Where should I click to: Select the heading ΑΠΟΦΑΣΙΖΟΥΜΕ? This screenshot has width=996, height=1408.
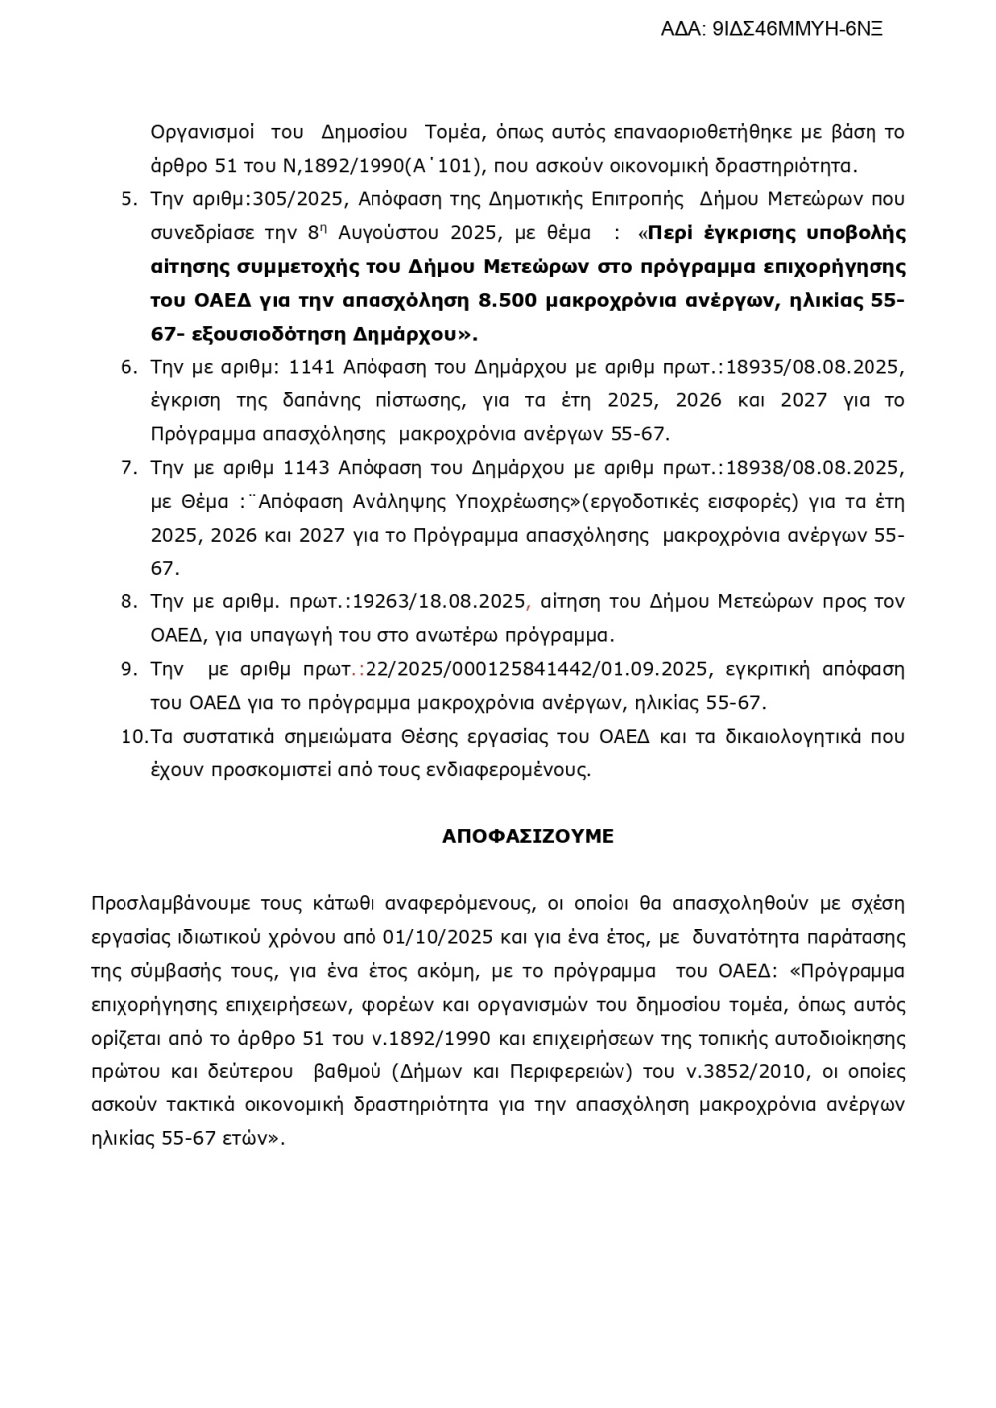(527, 837)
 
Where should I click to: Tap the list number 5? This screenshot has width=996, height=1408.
(128, 199)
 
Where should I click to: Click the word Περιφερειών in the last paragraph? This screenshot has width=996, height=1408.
(578, 1072)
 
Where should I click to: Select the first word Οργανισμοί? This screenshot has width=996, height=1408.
(202, 132)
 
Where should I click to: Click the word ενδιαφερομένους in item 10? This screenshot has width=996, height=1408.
(519, 770)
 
